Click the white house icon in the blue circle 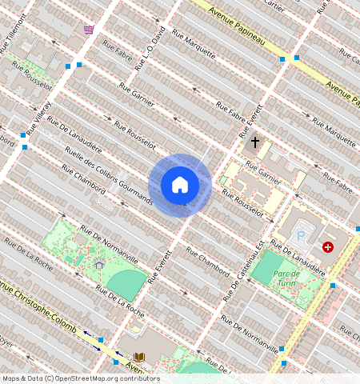[180, 185]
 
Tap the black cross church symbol [255, 142]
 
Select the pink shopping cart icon [89, 29]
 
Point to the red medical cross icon [327, 247]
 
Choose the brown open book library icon [139, 356]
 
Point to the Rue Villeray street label [38, 117]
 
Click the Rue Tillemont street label [14, 39]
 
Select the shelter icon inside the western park [99, 264]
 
